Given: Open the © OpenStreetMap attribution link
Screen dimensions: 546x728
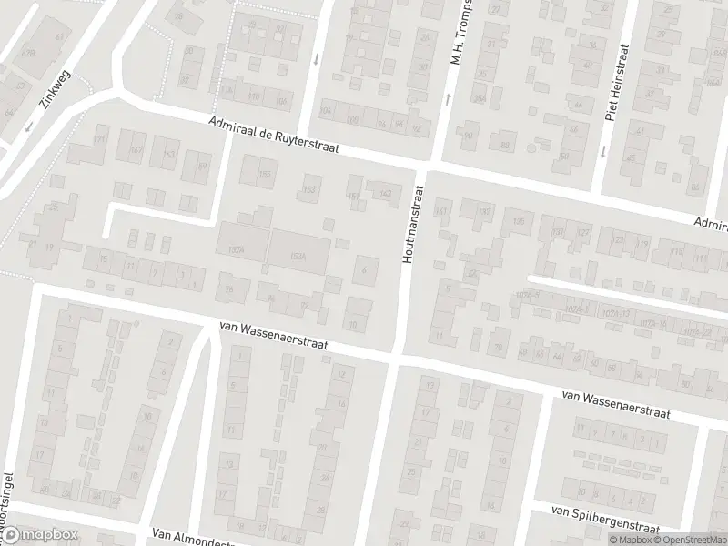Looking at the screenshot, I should click(x=691, y=540).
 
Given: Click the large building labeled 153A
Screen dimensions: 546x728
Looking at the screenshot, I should click(x=298, y=256).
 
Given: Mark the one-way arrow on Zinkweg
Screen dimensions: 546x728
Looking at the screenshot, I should click(x=29, y=126).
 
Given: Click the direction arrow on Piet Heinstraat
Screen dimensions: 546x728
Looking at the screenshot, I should click(x=602, y=151).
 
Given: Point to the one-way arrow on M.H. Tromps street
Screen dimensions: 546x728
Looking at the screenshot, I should click(x=448, y=97).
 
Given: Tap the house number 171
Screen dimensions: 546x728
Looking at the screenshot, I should click(x=100, y=139).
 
